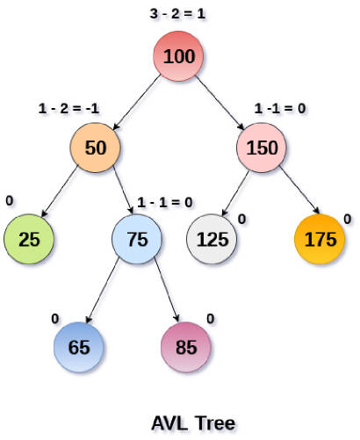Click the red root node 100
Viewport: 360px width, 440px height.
[178, 56]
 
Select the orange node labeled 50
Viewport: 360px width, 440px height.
[95, 148]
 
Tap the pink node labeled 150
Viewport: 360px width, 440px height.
[262, 148]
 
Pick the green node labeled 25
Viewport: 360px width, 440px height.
[29, 239]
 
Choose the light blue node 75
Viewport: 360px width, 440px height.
[137, 239]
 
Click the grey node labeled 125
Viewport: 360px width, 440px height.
[212, 239]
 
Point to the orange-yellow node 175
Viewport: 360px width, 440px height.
[320, 239]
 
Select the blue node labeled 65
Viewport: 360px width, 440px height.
[79, 347]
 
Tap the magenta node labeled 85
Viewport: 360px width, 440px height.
[186, 347]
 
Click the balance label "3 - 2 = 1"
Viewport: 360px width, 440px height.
[177, 14]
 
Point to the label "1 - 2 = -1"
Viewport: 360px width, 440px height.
[68, 109]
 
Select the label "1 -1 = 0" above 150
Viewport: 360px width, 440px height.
[280, 109]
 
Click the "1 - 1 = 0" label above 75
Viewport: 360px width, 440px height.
[165, 202]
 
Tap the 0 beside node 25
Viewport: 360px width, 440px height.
[10, 201]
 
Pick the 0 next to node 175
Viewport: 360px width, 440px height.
[348, 219]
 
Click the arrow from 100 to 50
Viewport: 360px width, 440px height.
[137, 102]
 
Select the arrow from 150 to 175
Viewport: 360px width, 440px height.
[299, 190]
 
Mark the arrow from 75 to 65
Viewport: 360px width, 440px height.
[103, 291]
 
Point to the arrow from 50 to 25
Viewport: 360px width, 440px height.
[60, 191]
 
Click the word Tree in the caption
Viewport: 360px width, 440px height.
[215, 423]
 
